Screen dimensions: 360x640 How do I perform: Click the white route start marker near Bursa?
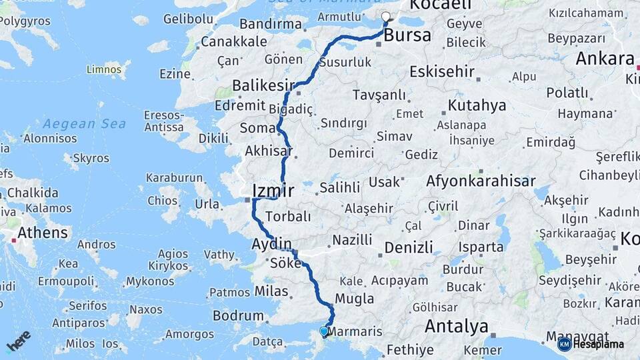pos(385,17)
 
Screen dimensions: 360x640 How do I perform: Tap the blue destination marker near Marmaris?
pos(324,331)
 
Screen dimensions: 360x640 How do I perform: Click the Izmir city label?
pos(273,191)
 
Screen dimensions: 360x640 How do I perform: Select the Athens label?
pos(43,233)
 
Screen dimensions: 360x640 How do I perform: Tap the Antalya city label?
pos(456,327)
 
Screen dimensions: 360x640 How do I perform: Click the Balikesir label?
pos(263,85)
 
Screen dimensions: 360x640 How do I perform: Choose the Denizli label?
pos(409,247)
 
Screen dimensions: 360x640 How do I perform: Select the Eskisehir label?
pos(442,71)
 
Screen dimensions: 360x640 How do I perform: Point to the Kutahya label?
pos(477,105)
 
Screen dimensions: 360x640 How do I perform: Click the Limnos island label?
pos(105,69)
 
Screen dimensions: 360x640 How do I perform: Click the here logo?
pos(19,341)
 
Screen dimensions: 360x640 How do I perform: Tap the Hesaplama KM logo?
pos(591,344)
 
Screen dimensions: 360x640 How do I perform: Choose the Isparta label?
pos(481,247)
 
